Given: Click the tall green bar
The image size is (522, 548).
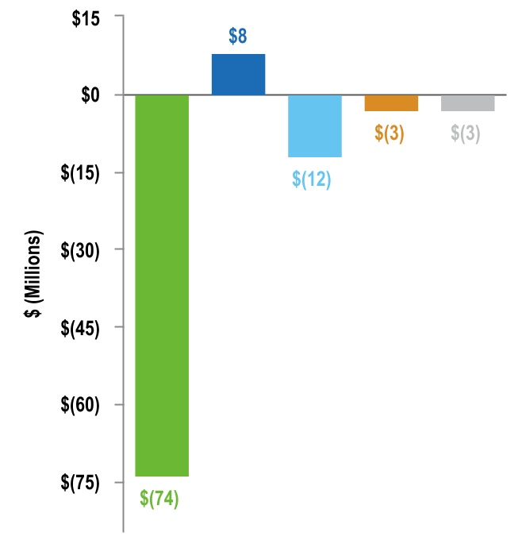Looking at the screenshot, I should click(x=162, y=285).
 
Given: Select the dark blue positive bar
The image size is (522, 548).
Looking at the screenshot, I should click(x=238, y=75).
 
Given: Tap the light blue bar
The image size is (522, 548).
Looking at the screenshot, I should click(x=315, y=125).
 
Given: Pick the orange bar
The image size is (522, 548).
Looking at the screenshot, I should click(x=391, y=102).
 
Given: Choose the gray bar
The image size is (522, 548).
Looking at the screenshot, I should click(x=468, y=102).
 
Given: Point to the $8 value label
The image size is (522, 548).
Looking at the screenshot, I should click(x=238, y=37).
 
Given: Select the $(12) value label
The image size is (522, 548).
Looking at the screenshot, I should click(x=312, y=179).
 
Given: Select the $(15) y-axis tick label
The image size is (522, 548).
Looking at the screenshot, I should click(x=83, y=172).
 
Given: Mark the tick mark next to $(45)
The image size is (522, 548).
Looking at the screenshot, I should click(x=119, y=327).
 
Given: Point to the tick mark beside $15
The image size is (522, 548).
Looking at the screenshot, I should click(x=119, y=17).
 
